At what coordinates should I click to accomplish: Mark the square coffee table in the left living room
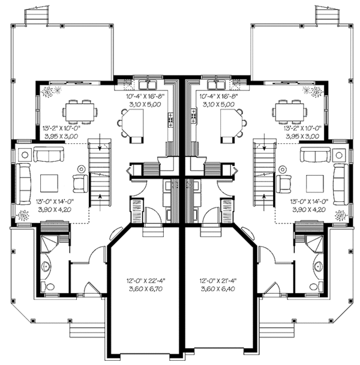point(49,180)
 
